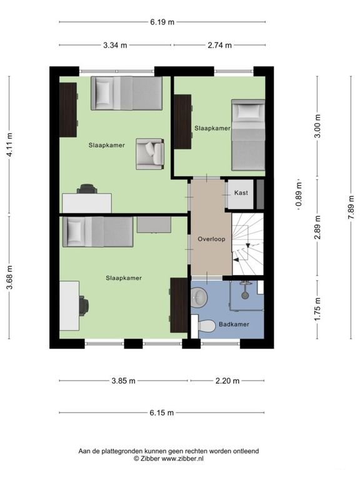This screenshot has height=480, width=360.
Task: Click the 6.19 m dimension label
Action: (162, 22)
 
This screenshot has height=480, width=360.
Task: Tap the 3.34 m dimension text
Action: (115, 45)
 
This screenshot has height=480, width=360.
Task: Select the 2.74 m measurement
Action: (219, 45)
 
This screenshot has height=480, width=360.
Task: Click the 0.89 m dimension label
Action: (299, 195)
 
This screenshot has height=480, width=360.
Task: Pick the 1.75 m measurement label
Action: (317, 309)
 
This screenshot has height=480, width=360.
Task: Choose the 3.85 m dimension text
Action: (123, 381)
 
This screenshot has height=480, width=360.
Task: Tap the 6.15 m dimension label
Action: (162, 412)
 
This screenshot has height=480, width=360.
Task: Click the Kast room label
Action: (241, 193)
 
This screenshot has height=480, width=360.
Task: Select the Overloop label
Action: (211, 239)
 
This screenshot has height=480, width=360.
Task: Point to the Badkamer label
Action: (234, 324)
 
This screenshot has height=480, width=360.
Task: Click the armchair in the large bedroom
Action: (150, 154)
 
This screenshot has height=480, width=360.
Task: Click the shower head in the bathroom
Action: (244, 295)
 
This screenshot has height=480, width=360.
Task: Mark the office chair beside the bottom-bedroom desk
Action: (84, 306)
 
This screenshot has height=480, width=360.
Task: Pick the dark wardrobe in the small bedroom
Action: (182, 122)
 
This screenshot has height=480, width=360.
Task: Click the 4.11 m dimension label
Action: (9, 145)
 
